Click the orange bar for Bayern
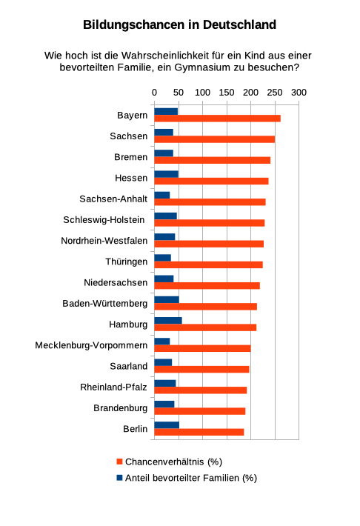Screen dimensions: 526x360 217,119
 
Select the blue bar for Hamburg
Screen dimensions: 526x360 168,320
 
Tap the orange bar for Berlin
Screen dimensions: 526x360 199,432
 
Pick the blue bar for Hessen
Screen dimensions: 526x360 166,174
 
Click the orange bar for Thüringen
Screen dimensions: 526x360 208,264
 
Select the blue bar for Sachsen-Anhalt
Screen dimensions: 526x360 162,195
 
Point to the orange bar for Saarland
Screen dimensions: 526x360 201,369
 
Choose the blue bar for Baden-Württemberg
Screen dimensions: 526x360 167,299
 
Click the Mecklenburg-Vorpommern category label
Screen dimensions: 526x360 91,345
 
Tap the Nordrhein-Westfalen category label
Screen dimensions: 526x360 104,241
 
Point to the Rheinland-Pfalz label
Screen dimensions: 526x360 114,387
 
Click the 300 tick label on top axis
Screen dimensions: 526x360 298,92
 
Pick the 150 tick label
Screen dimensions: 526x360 226,92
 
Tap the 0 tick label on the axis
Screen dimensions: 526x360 154,92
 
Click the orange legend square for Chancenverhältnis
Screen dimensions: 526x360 119,461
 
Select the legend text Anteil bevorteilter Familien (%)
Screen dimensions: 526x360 190,478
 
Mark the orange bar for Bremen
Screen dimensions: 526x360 212,160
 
